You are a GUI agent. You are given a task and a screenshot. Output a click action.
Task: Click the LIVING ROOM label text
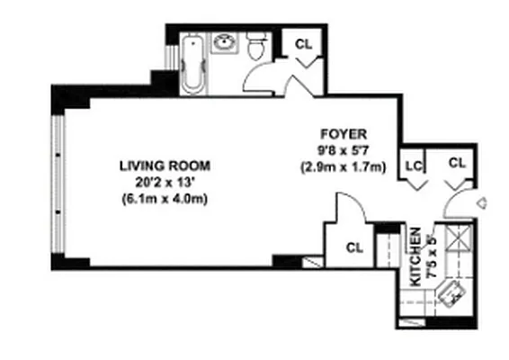[x=165, y=166]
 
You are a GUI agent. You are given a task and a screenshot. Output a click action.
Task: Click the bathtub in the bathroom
[x=193, y=64]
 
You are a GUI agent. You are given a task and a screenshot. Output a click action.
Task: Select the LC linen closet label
[x=414, y=165]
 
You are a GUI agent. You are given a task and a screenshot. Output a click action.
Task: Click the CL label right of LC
[x=457, y=163]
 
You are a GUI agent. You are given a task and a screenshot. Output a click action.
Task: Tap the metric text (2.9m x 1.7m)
[x=343, y=166]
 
